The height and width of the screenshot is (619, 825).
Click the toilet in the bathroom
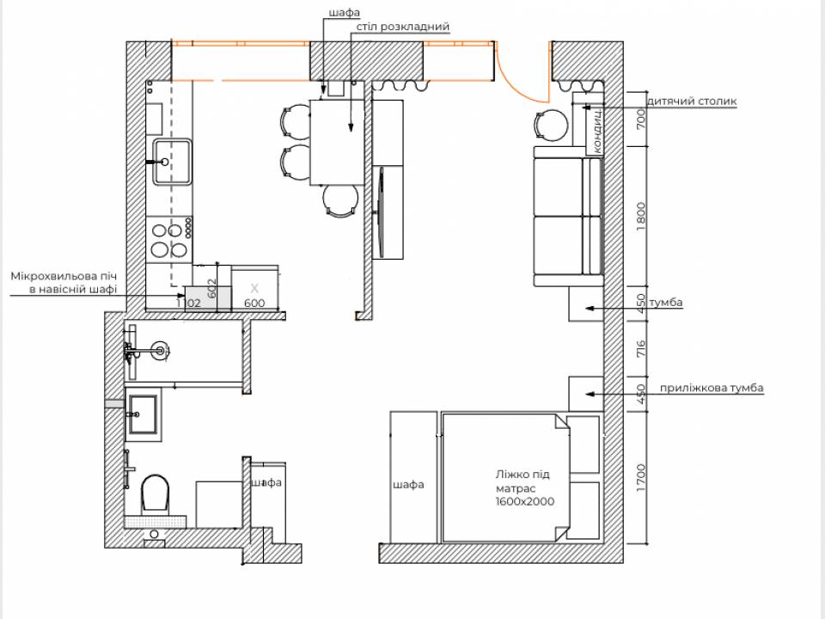click(x=156, y=493)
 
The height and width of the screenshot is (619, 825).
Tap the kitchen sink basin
click(x=173, y=162)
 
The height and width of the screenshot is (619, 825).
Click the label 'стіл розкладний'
click(x=403, y=27)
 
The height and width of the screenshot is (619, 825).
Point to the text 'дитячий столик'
click(x=691, y=101)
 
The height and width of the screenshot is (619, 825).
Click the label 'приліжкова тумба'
click(x=712, y=388)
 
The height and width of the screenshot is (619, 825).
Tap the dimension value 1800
click(x=640, y=216)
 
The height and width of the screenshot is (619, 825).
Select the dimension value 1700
click(x=640, y=478)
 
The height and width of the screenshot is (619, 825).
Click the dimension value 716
click(x=640, y=349)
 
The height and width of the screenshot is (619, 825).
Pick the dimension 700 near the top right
click(x=640, y=120)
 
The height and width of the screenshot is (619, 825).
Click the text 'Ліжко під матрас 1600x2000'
click(x=524, y=488)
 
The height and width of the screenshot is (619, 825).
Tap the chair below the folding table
click(x=340, y=200)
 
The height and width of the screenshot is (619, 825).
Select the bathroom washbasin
click(x=144, y=414)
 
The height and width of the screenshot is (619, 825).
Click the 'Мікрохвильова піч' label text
click(x=64, y=276)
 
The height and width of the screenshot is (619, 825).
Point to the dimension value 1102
click(x=188, y=303)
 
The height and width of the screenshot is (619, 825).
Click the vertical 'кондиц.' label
click(x=596, y=131)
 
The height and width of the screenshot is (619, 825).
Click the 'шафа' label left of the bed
click(x=408, y=484)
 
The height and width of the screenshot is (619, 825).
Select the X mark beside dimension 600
click(x=254, y=288)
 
